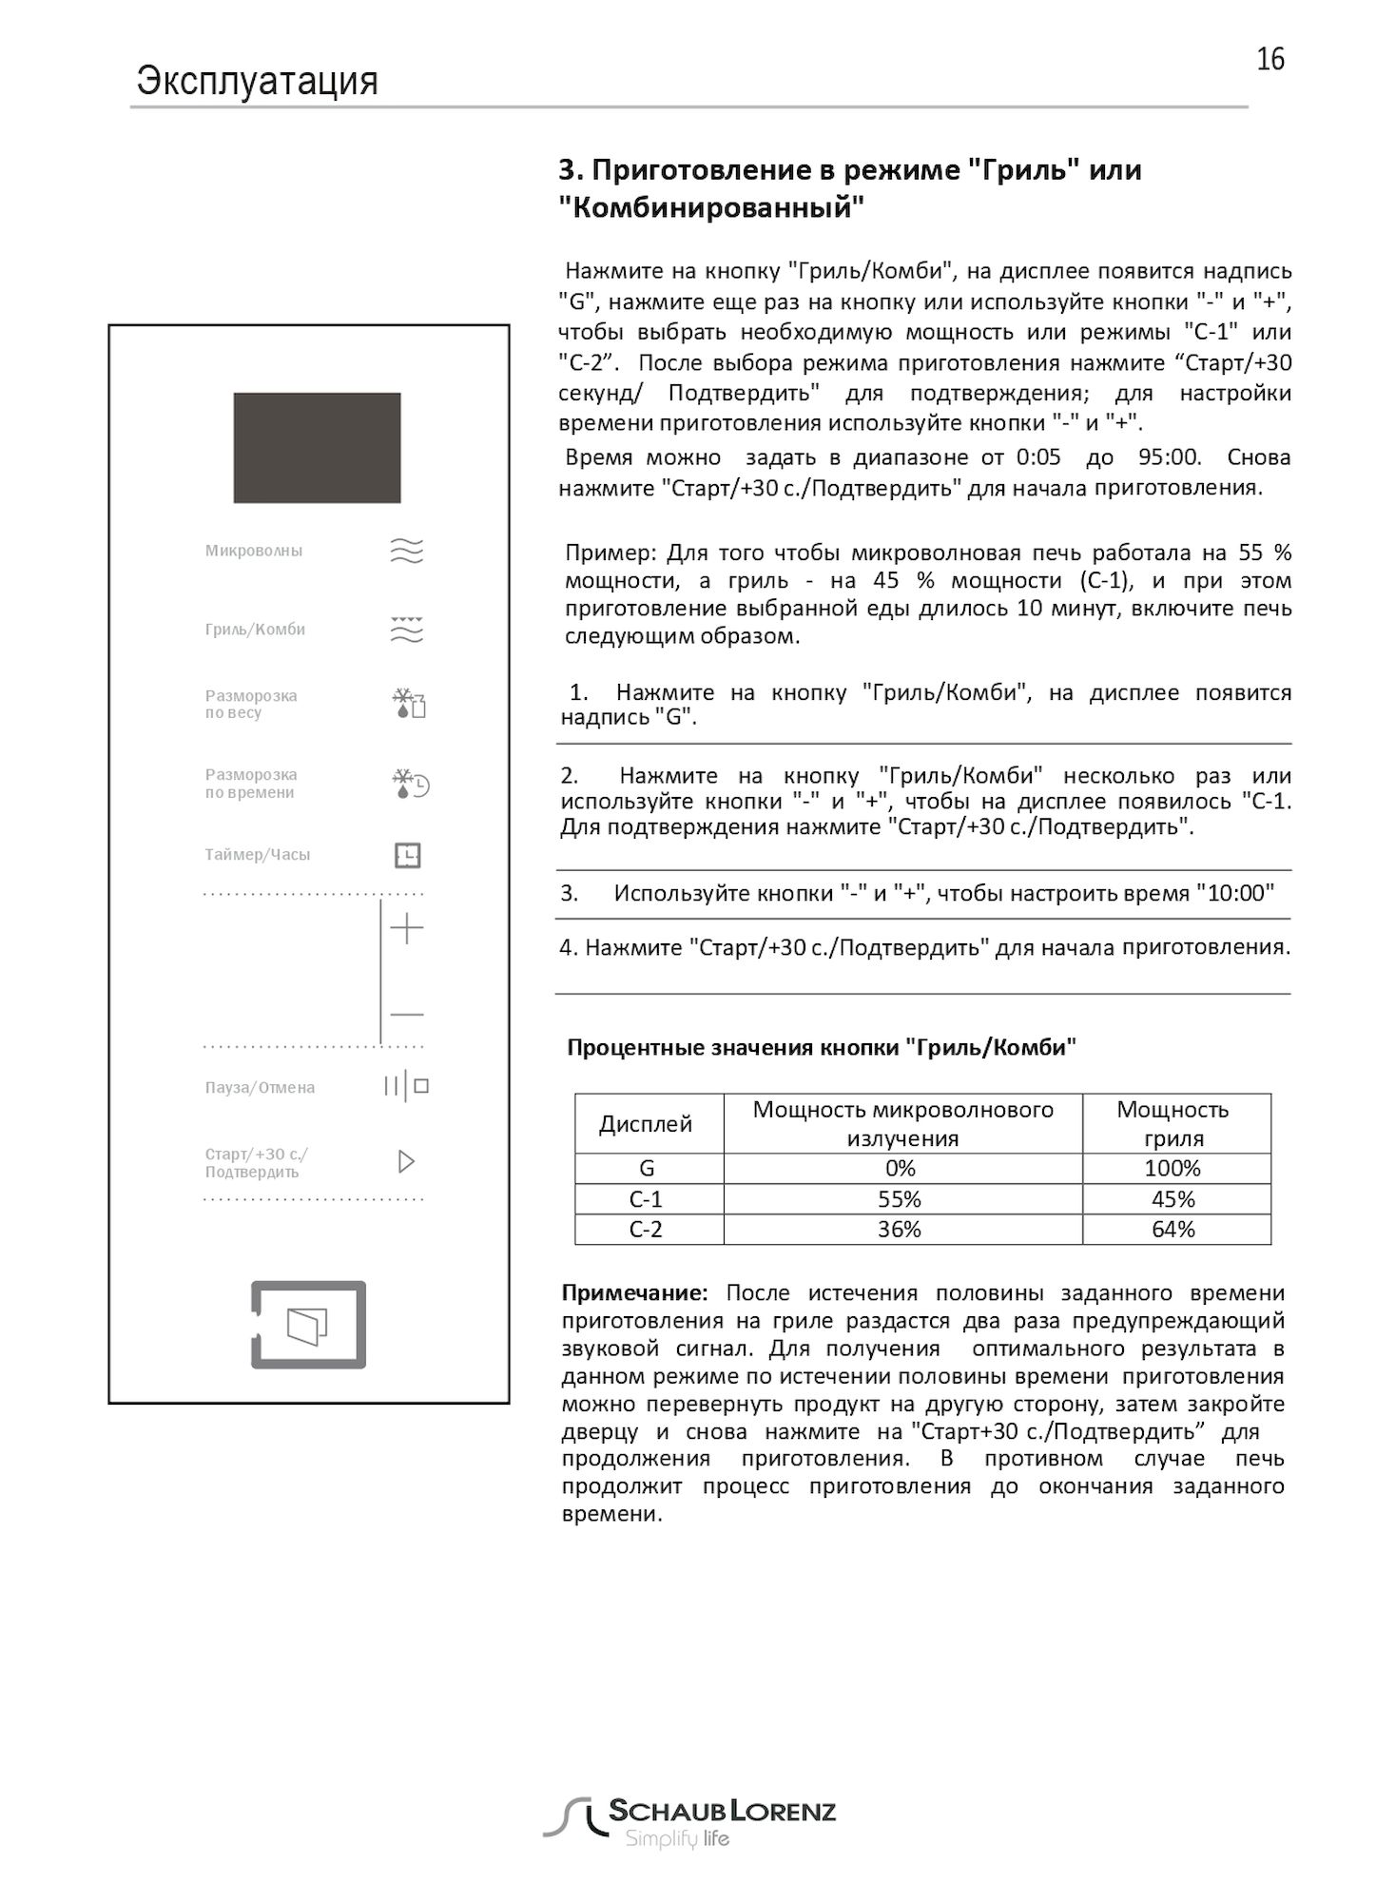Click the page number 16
click(x=1269, y=59)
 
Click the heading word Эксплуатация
click(x=257, y=81)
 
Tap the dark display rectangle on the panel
click(x=317, y=447)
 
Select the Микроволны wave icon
click(x=407, y=551)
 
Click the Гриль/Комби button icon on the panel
click(x=407, y=630)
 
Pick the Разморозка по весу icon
click(x=409, y=704)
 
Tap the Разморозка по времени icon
click(x=410, y=784)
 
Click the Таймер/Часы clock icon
click(x=407, y=855)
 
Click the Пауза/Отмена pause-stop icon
click(x=406, y=1086)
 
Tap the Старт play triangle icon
click(x=406, y=1161)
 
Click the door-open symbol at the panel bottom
click(x=308, y=1325)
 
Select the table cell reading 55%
click(x=900, y=1199)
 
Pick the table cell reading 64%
click(x=1173, y=1230)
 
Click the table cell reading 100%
click(x=1173, y=1169)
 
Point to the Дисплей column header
click(x=646, y=1124)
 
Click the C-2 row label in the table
click(x=646, y=1230)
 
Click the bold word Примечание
click(x=634, y=1293)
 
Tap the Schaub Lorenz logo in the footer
click(x=688, y=1822)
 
